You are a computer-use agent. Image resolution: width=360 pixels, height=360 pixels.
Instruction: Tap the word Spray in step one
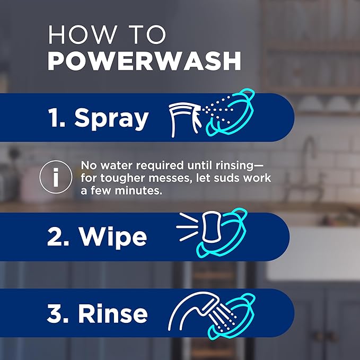coord(111,118)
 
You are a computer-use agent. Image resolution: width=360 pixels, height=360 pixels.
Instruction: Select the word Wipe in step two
coord(113,237)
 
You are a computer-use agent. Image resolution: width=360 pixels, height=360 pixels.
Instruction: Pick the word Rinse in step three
coord(112,313)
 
